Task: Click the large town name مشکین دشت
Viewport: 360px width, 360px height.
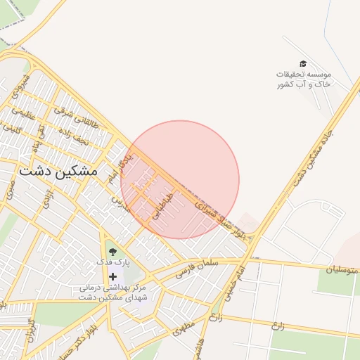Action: [x=60, y=171]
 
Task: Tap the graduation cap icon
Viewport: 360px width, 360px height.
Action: [x=303, y=65]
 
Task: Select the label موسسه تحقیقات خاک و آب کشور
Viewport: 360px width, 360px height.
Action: [x=304, y=79]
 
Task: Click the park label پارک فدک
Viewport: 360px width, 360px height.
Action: [x=113, y=262]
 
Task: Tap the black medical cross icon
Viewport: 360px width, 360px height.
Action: [x=112, y=276]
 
